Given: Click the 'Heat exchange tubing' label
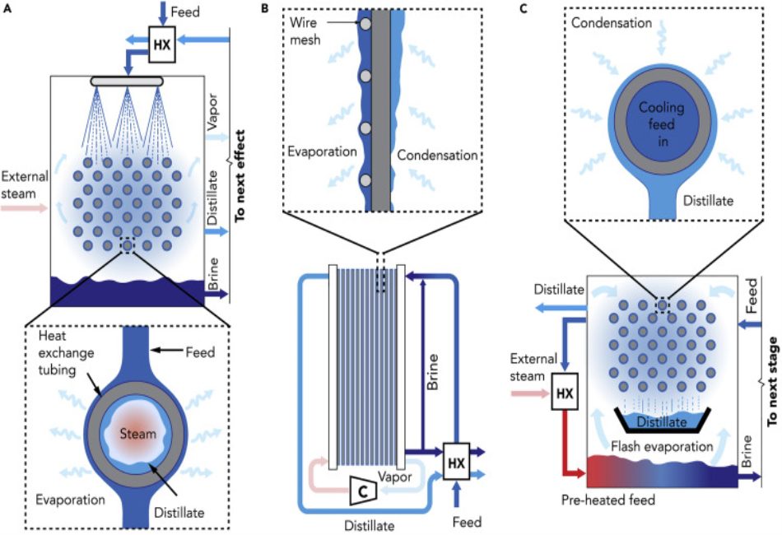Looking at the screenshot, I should (x=67, y=352).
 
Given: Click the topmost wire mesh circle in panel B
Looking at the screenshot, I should (x=364, y=26).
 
